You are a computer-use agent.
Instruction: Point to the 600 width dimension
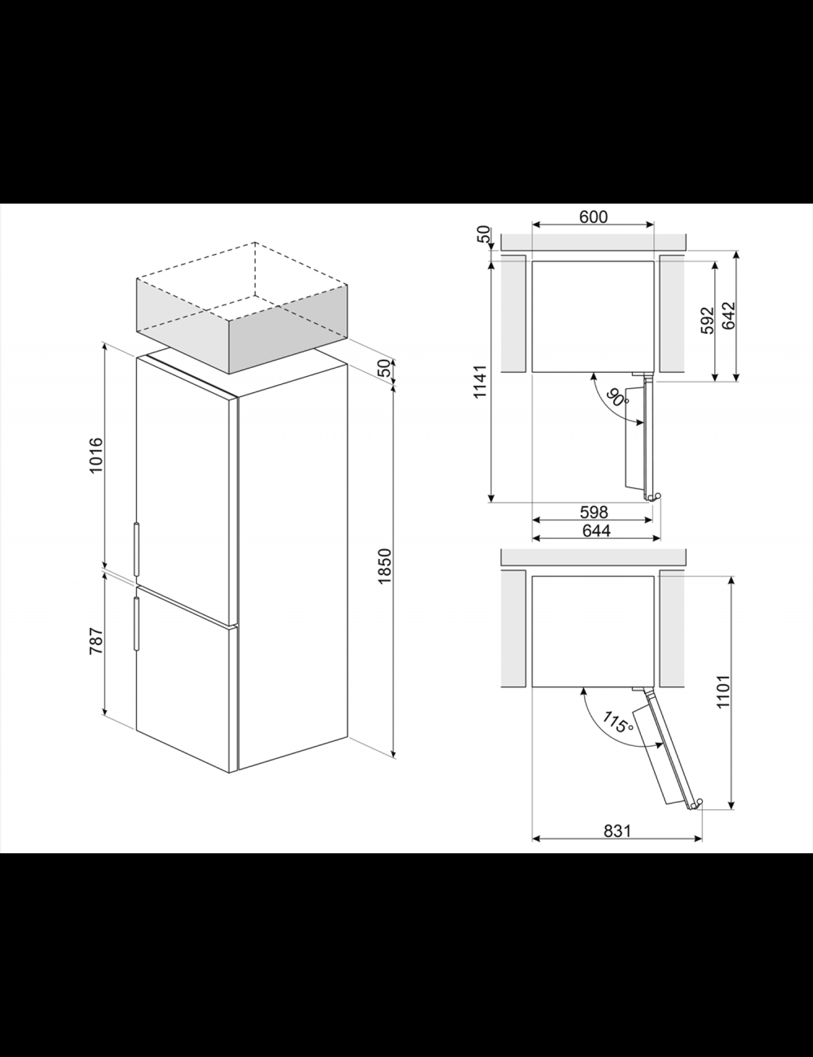[x=593, y=217]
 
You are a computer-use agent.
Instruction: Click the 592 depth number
[x=708, y=320]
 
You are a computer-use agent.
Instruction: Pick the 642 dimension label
[x=729, y=316]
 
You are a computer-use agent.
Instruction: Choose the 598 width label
[x=594, y=512]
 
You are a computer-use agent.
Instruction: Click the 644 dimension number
[x=596, y=531]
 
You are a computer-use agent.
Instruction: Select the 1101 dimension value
[x=724, y=692]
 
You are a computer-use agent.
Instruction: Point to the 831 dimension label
[x=617, y=831]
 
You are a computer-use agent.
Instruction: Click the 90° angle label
[x=617, y=396]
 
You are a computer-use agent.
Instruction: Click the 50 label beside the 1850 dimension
[x=385, y=368]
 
